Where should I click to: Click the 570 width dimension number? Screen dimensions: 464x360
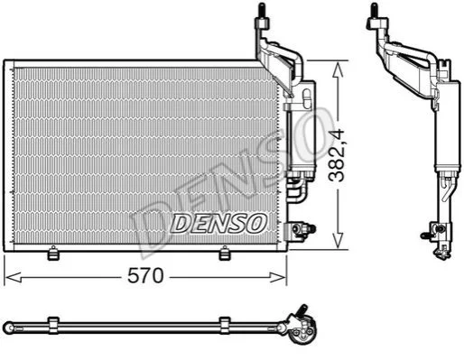(145, 276)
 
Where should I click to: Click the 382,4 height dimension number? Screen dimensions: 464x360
(336, 155)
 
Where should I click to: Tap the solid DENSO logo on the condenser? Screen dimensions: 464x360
(218, 224)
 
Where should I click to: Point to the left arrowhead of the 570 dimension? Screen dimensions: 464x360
(14, 277)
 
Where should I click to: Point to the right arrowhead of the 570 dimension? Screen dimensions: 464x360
(277, 277)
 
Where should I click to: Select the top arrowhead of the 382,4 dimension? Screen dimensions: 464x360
(339, 69)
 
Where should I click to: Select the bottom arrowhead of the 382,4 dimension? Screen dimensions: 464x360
(339, 241)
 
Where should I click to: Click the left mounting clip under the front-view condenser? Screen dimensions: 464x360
(53, 253)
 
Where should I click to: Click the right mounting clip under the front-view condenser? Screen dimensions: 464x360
(224, 253)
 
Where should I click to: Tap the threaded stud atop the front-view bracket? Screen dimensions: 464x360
(262, 10)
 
